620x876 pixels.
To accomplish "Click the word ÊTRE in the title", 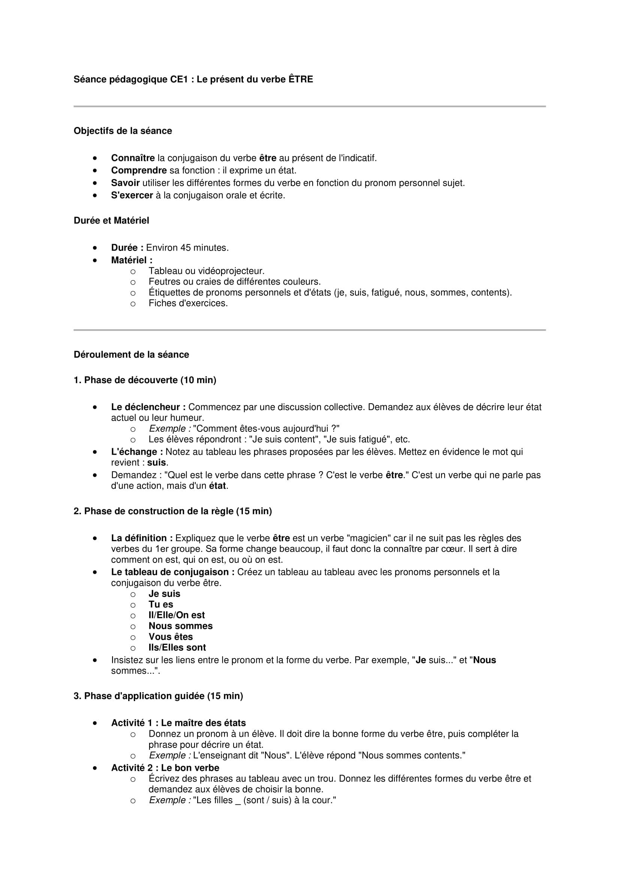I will (x=301, y=79).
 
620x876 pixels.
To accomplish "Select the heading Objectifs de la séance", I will (x=123, y=131).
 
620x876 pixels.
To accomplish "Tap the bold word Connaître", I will (x=133, y=158).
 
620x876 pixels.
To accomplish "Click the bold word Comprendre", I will (x=139, y=170).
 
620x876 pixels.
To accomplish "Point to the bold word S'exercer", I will (x=132, y=195).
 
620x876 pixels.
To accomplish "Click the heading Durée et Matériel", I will (x=111, y=221).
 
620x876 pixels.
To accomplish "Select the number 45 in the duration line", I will (x=185, y=248).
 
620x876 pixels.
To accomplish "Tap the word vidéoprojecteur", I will (x=228, y=271).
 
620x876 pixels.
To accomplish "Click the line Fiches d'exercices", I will (x=188, y=303).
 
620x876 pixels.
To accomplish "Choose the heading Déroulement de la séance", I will (x=131, y=354).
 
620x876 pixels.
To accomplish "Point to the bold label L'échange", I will (x=137, y=452).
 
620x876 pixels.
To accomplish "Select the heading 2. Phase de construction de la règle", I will (x=172, y=511).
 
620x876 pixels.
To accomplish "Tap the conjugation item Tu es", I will (x=161, y=604).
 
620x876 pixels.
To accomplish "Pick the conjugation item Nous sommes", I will (x=180, y=626).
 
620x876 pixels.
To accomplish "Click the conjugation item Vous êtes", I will (x=170, y=637).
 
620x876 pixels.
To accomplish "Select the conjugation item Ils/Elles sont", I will (x=177, y=648).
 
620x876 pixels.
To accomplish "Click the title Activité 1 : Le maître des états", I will (x=178, y=722).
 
